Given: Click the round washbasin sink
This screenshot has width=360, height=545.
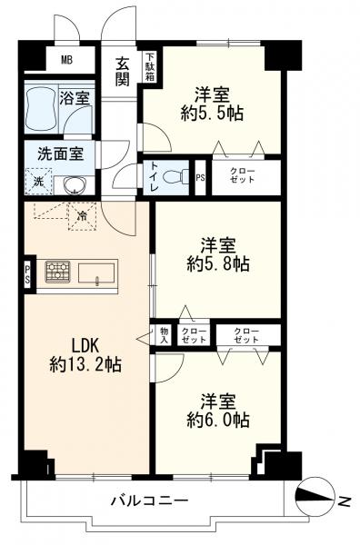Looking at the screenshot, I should (x=72, y=185).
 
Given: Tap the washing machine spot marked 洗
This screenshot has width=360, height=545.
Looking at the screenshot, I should (x=37, y=184).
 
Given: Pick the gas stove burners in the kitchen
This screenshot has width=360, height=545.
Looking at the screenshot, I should (x=59, y=271).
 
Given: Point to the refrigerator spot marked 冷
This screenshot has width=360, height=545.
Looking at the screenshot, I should (x=82, y=216).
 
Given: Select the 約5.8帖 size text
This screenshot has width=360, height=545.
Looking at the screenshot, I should (x=218, y=264).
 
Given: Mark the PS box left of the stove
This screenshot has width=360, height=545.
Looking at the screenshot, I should (x=28, y=274).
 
